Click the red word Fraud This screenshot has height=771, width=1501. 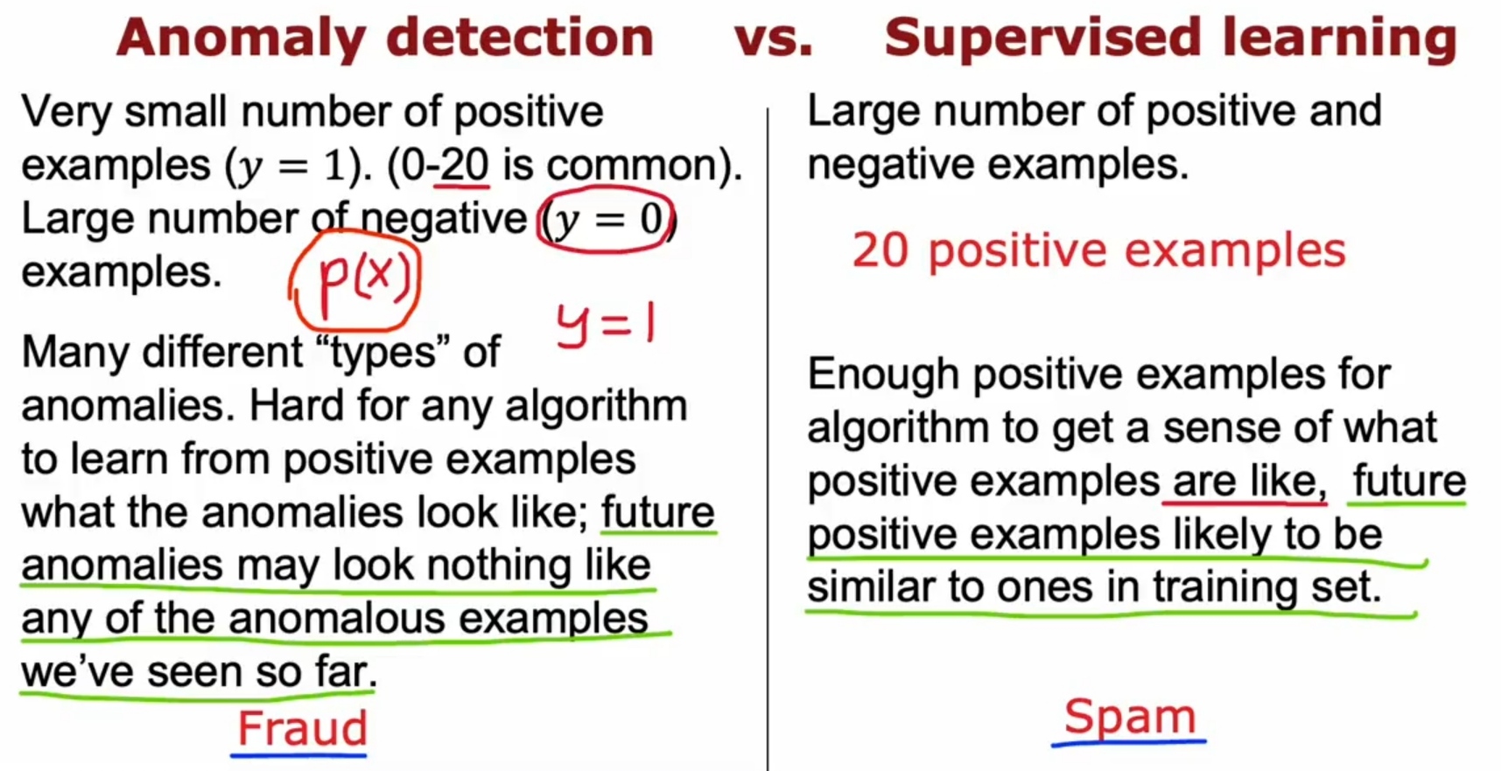(x=303, y=728)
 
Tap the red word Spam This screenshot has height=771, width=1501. (x=1130, y=718)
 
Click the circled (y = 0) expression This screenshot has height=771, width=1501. (x=606, y=219)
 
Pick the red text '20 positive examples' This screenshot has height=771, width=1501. (x=1098, y=252)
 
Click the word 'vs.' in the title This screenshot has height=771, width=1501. (x=774, y=39)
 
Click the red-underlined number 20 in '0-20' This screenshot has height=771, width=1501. (x=465, y=165)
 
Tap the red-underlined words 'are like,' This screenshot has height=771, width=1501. (x=1245, y=481)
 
